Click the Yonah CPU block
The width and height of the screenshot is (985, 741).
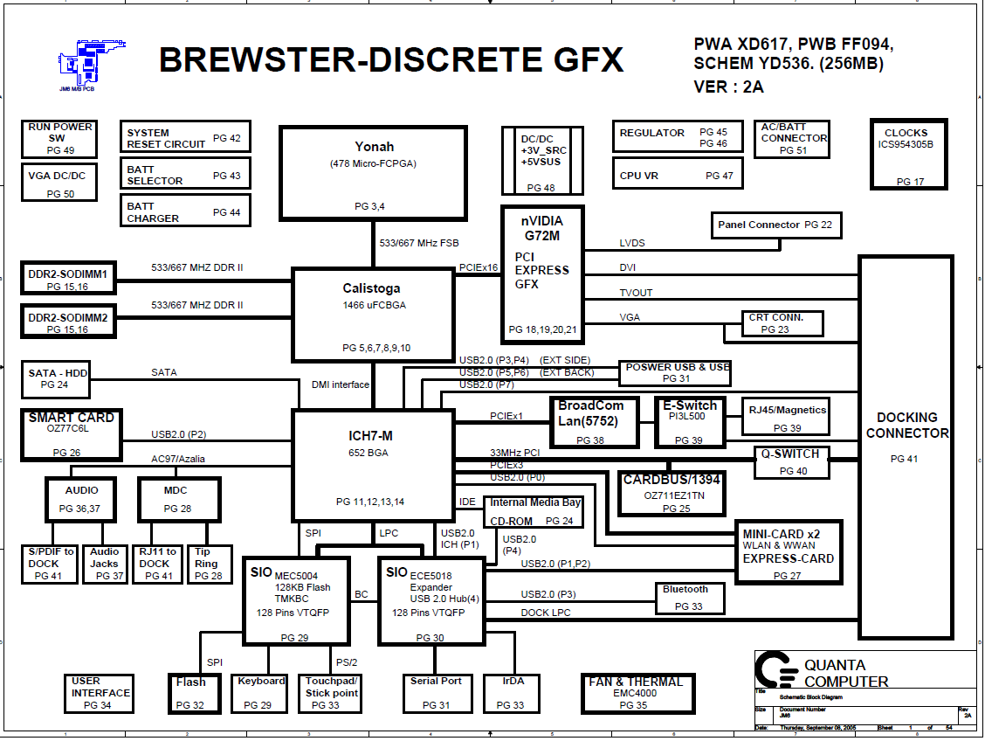coord(374,172)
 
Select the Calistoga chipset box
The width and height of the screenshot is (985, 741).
coord(372,315)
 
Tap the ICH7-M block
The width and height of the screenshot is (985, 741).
coord(372,466)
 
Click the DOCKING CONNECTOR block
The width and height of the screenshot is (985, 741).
coord(906,447)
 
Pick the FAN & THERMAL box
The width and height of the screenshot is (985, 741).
coord(638,693)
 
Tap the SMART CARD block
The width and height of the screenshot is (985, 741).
coord(72,434)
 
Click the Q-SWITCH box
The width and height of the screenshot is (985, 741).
coord(791,462)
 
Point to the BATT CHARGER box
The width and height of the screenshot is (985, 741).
coord(185,211)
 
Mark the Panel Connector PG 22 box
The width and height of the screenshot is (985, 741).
coord(775,225)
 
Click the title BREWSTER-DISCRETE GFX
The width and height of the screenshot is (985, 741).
coord(391,59)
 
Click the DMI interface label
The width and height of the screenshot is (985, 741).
coord(341,384)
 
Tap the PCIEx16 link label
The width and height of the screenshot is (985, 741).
coord(479,268)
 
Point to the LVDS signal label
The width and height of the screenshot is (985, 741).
coord(632,243)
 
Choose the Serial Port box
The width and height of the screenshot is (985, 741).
coord(436,693)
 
